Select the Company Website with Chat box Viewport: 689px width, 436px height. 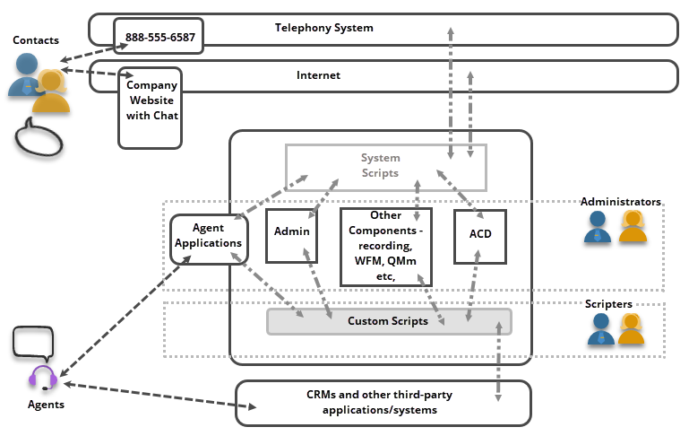[150, 107]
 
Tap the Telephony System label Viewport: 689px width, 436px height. [323, 28]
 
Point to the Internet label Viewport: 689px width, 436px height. [318, 75]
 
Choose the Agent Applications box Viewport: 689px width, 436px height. [208, 237]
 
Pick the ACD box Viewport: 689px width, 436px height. [480, 236]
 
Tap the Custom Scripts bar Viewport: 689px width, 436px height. [389, 321]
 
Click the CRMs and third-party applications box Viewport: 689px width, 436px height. [383, 403]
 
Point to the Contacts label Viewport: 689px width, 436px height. [36, 40]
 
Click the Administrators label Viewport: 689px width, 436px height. [621, 202]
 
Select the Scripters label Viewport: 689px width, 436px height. [608, 304]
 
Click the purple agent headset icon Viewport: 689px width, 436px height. [44, 378]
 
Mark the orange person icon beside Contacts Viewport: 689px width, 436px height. [52, 93]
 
